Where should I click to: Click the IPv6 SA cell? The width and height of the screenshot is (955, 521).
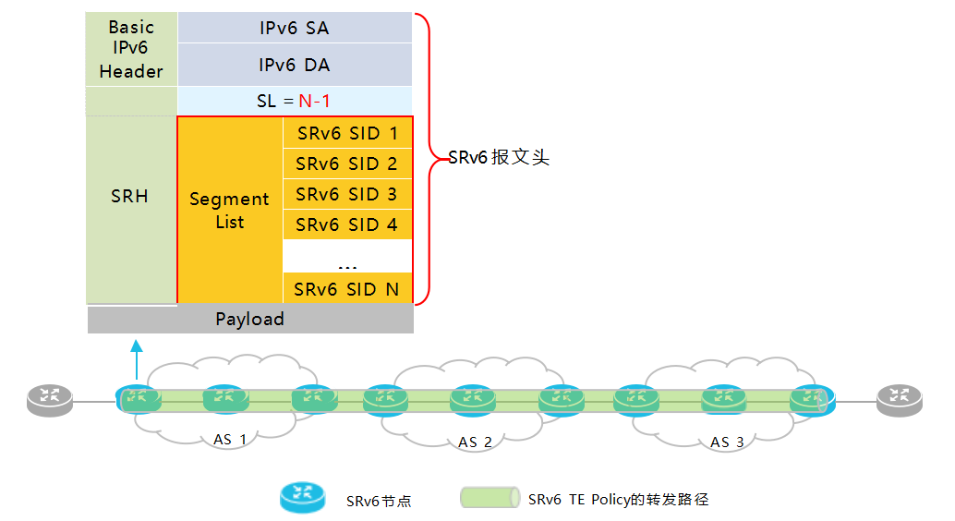295,28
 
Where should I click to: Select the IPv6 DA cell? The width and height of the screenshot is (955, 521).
295,65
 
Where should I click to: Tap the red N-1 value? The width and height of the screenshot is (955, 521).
314,101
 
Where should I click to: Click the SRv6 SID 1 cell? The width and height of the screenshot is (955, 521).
348,133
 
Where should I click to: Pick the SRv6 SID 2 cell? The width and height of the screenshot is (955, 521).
348,164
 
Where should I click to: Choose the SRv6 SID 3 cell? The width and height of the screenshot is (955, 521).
348,194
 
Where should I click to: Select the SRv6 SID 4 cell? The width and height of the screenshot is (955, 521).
348,224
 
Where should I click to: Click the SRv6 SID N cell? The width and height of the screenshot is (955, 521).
348,289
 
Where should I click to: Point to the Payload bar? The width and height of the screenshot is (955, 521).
250,319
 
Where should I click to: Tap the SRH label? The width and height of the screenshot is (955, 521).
129,196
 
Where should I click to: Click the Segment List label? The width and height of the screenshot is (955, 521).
230,211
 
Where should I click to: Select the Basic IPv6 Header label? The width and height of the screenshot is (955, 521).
131,49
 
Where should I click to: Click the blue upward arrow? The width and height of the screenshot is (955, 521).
137,359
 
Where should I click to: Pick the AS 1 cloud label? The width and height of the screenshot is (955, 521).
230,440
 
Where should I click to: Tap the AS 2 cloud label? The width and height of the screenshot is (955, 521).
475,442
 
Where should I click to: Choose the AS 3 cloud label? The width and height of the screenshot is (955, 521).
727,442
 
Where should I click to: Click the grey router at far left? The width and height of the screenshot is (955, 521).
50,400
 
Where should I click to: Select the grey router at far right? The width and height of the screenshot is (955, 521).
900,400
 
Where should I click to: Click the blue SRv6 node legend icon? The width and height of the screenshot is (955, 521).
303,497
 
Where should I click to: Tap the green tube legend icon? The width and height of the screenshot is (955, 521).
490,497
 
